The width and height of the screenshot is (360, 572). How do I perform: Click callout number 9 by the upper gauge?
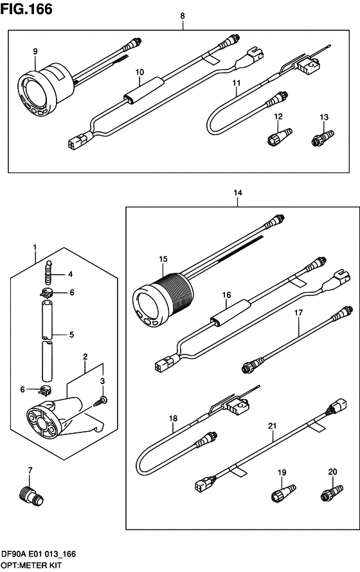pos(35,51)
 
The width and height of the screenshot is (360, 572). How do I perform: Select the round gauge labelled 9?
pos(40,89)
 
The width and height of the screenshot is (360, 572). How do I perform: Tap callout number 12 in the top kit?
pos(279,116)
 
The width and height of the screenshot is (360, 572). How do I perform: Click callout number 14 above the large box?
pos(238,192)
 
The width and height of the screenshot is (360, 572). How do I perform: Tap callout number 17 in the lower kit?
pos(298,313)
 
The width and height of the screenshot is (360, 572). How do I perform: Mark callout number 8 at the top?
pos(183,15)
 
